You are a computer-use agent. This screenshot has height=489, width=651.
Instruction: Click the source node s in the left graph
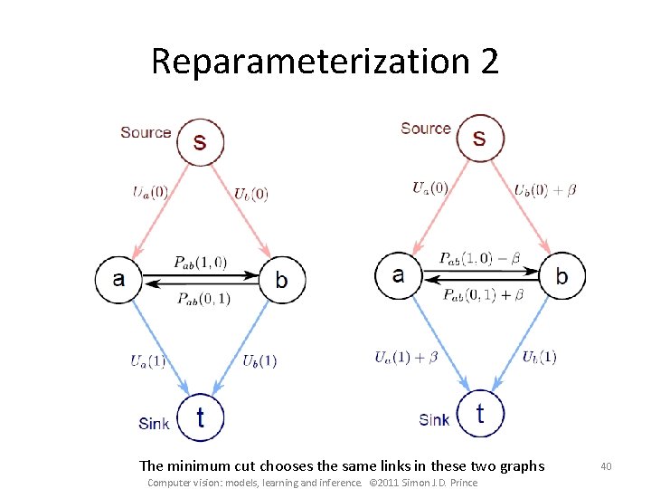[200, 141]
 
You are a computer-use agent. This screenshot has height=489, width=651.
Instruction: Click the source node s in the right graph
[479, 138]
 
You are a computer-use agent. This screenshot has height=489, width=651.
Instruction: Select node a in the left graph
[118, 278]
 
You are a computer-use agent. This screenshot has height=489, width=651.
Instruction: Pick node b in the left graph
[282, 279]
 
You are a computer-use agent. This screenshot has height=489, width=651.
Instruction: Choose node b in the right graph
[562, 274]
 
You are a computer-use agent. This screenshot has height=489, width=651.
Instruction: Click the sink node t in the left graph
[200, 417]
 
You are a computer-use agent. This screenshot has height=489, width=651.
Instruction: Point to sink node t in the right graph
[480, 413]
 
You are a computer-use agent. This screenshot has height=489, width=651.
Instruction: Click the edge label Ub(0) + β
[545, 190]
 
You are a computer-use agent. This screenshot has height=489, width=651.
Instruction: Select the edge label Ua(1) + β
[406, 357]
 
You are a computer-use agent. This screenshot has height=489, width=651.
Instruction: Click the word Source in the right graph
[426, 129]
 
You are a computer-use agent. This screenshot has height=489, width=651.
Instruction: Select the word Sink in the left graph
[154, 423]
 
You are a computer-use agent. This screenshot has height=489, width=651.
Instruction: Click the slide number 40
[607, 465]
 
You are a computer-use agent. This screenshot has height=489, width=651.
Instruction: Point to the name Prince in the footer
[462, 483]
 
